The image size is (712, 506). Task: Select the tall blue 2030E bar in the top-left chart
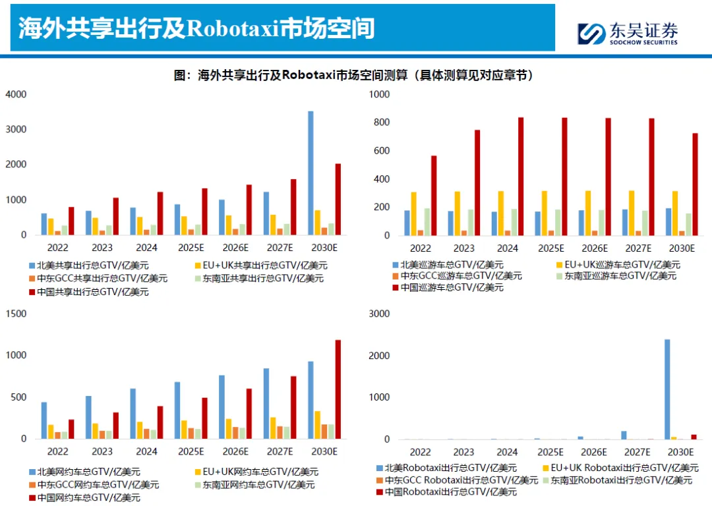pos(311,173)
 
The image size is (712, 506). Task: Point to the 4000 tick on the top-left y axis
pos(16,94)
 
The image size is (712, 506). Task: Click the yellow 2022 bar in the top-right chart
pos(413,213)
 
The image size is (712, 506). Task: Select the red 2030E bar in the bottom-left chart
pos(338,389)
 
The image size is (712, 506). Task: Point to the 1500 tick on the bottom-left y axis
pos(16,314)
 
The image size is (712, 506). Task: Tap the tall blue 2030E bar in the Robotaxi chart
pos(667,389)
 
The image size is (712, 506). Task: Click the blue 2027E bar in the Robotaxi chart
pos(624,435)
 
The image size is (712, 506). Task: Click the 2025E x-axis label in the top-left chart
pos(191,248)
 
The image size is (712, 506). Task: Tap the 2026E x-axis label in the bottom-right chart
pos(594,453)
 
